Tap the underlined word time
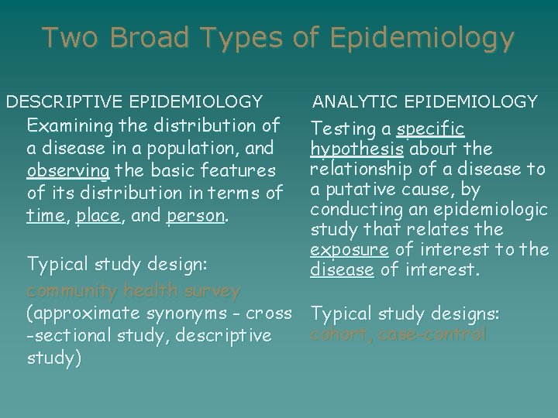click(x=43, y=218)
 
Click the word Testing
click(x=341, y=128)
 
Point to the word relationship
click(x=353, y=169)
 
